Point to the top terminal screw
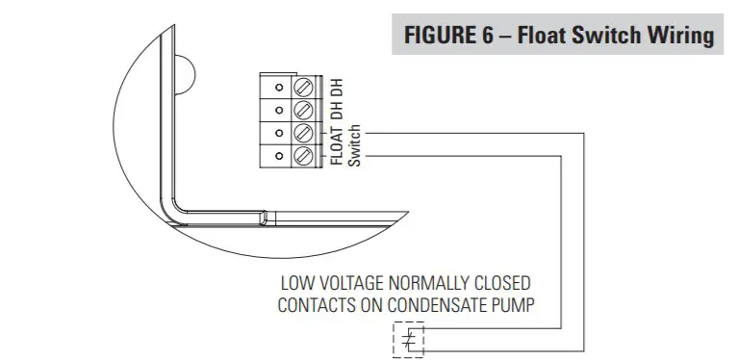[x=301, y=85]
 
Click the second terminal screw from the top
[x=301, y=108]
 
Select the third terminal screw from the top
[x=301, y=132]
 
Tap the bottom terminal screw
[x=301, y=155]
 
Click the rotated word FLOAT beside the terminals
[x=337, y=145]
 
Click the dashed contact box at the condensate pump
[x=408, y=341]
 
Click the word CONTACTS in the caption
[x=318, y=305]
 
